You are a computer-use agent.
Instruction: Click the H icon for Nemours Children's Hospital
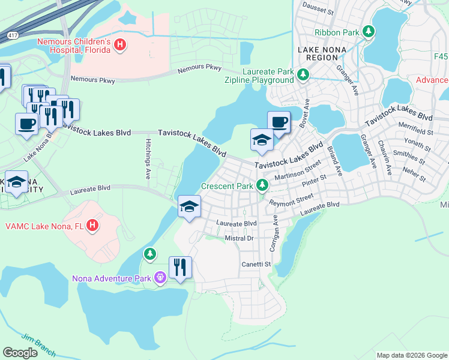[120, 44]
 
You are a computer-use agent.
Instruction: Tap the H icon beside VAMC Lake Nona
[92, 226]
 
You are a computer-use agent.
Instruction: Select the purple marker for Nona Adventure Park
[160, 278]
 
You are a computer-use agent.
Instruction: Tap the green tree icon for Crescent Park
[262, 186]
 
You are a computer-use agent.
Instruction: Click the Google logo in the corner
[20, 353]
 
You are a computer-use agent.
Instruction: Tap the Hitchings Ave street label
[148, 159]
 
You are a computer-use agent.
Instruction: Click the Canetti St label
[256, 263]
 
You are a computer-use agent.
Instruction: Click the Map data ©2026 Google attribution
[411, 355]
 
